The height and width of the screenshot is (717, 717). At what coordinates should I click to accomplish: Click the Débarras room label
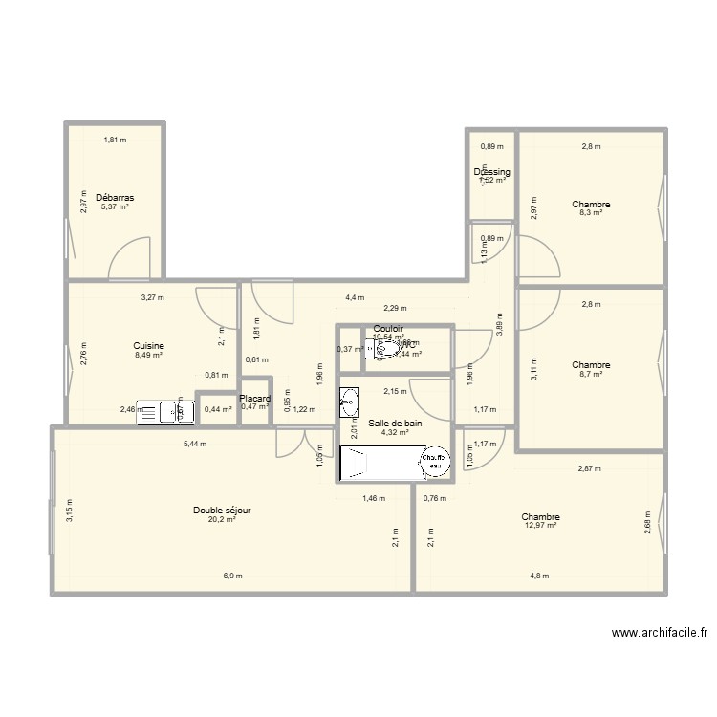coord(115,198)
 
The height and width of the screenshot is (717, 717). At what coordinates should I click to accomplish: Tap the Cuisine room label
coord(149,346)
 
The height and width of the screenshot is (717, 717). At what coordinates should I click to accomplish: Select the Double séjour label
coord(222,511)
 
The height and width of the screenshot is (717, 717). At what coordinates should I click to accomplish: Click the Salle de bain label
coord(395,423)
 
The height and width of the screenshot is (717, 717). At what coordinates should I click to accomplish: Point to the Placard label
coord(255,399)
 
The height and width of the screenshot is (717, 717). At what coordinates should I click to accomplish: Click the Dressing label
coord(492,172)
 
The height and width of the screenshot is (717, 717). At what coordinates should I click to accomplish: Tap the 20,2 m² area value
coord(222,521)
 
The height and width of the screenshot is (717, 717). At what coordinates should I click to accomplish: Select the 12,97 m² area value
coord(541,525)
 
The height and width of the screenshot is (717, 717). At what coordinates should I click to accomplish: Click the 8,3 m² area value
coord(591,213)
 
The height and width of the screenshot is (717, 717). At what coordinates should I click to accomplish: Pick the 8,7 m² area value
coord(591,374)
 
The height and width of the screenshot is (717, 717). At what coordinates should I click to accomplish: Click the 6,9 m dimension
coord(232,576)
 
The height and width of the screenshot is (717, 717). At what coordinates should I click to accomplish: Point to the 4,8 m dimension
coord(540,576)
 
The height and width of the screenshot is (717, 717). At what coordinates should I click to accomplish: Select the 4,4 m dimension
coord(356,297)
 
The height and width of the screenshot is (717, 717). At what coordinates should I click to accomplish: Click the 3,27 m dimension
coord(153,297)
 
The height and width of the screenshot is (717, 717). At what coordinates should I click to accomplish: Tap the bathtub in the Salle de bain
coord(395,466)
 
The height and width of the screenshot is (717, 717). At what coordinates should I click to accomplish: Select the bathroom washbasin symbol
coord(350,402)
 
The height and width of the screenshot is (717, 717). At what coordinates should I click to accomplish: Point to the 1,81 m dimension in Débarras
coord(116,141)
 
